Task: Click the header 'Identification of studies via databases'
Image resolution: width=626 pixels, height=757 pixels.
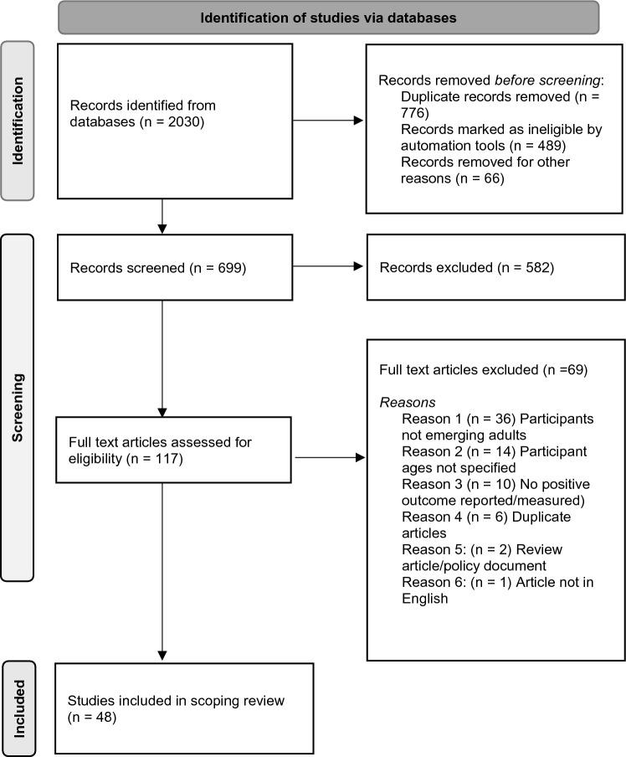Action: tap(328, 17)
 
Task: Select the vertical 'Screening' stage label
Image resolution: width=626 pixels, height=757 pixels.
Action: tap(17, 407)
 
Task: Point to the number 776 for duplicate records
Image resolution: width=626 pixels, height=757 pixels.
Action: tap(414, 113)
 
